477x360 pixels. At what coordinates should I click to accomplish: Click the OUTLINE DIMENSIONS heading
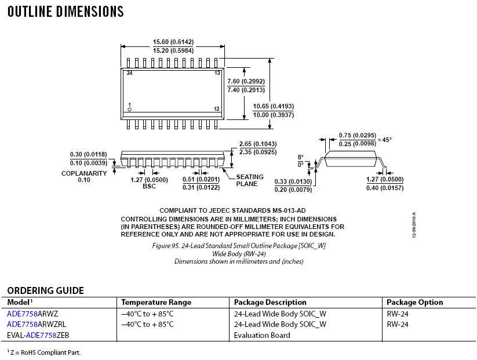tap(65, 12)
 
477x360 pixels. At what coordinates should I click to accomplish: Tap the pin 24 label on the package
tap(130, 74)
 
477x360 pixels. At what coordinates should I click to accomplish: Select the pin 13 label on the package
tap(217, 74)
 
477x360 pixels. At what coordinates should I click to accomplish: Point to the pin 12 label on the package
tap(216, 109)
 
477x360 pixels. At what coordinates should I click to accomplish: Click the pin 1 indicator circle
tap(130, 110)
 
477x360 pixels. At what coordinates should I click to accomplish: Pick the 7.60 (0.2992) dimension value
tap(246, 81)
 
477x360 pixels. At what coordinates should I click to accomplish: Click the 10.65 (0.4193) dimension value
tap(274, 106)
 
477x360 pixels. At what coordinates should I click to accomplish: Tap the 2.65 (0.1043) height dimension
tap(257, 144)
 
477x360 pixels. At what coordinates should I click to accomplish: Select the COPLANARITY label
tap(84, 173)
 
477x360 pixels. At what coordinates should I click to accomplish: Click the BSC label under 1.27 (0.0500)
tap(149, 186)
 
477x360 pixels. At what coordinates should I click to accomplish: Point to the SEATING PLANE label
tap(250, 180)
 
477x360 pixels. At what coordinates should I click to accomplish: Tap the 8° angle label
tap(300, 157)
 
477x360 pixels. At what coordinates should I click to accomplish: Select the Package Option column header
tap(414, 302)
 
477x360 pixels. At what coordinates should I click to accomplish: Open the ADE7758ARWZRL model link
tap(36, 324)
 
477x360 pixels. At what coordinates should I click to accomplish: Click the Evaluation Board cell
tap(262, 335)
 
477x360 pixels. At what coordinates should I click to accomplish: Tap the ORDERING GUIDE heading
tap(45, 290)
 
